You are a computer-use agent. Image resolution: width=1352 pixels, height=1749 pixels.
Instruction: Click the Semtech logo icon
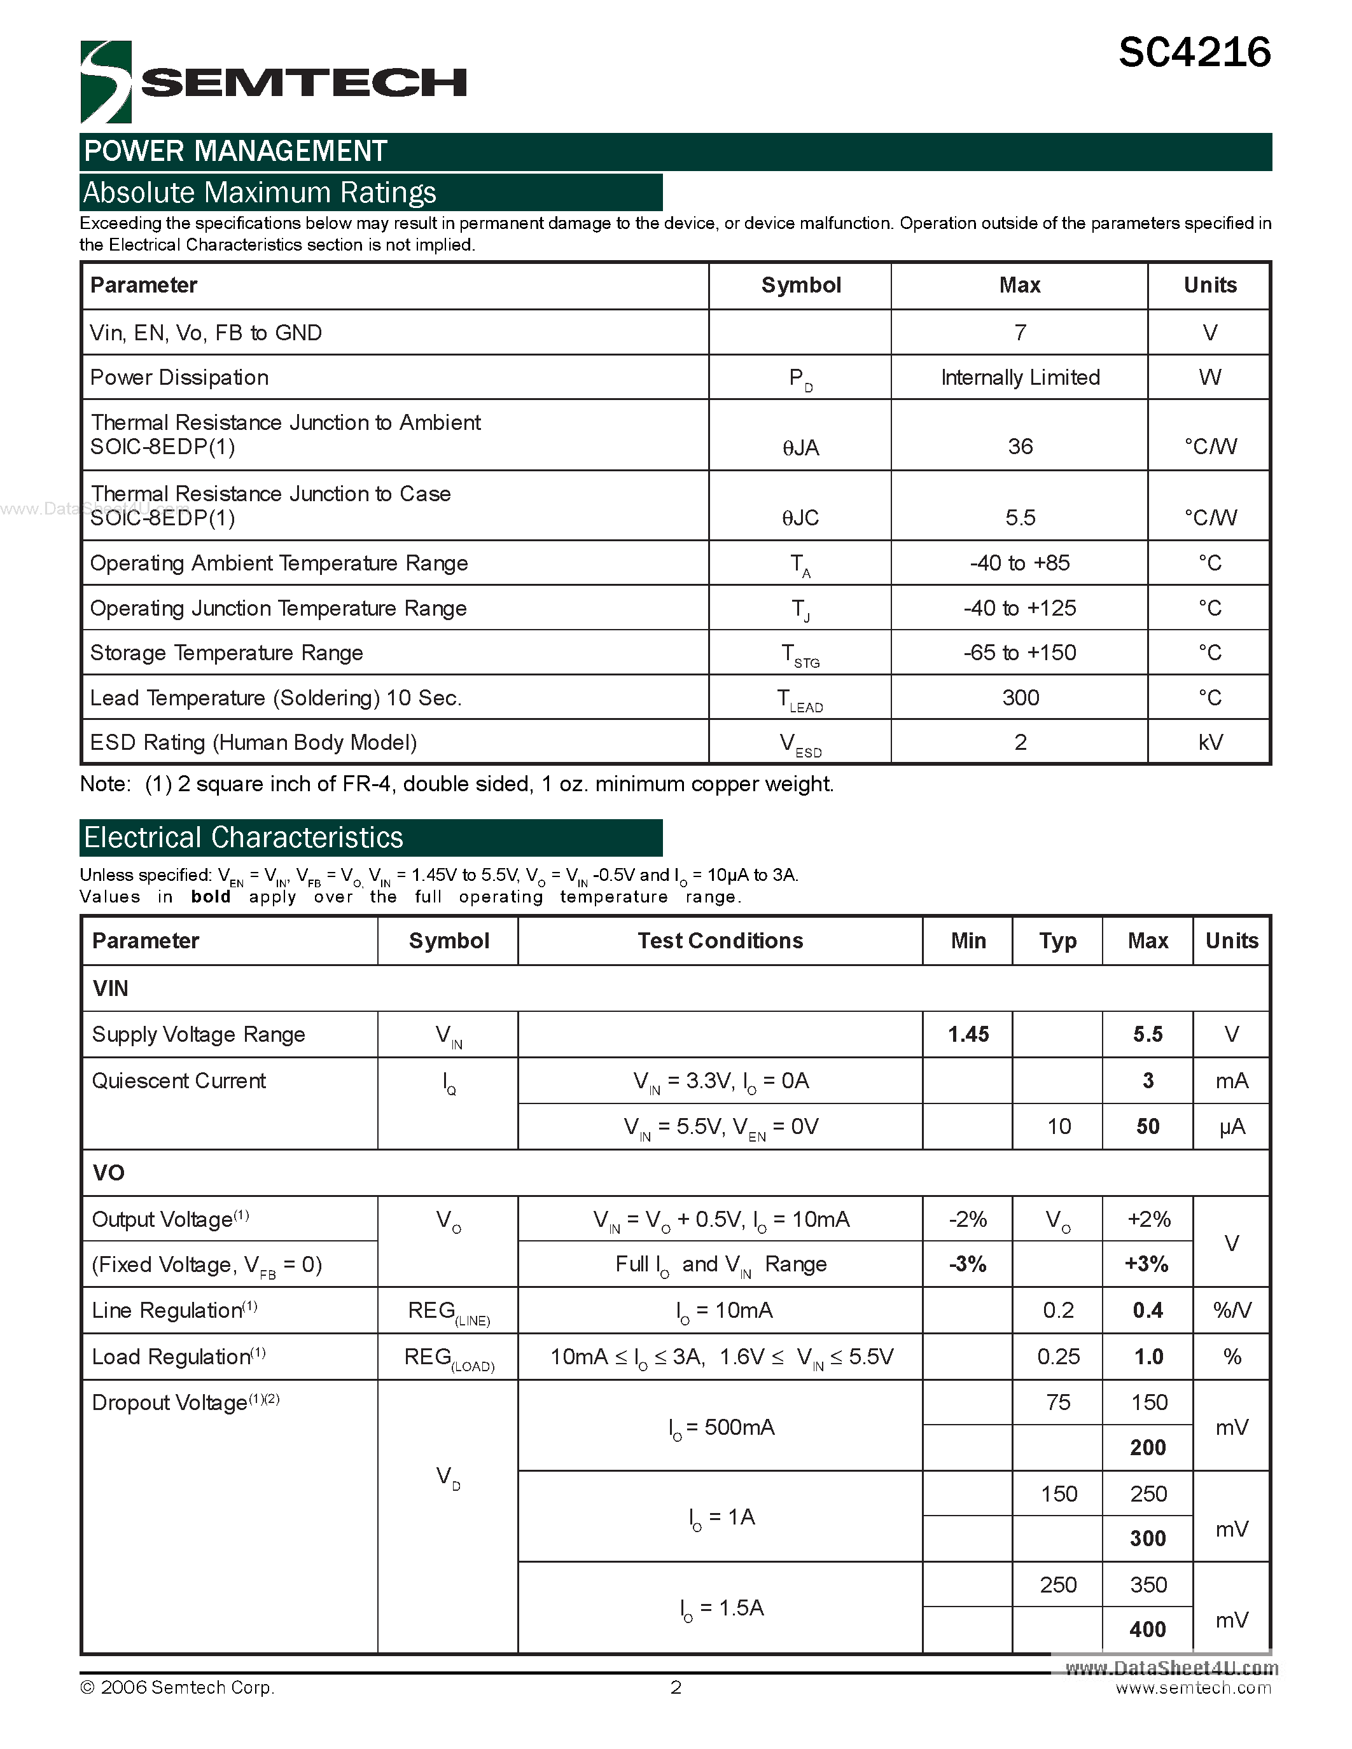(x=105, y=81)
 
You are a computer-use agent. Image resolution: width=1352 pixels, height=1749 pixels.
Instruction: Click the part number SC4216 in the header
(x=1194, y=53)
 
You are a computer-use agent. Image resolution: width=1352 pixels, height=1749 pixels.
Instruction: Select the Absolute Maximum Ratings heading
(x=260, y=193)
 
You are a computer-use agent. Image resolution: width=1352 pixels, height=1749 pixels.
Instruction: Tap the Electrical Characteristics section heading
(x=244, y=838)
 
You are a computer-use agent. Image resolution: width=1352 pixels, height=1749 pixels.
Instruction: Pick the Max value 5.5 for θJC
(x=1020, y=517)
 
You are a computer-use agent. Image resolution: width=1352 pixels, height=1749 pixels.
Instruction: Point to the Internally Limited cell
(x=1020, y=377)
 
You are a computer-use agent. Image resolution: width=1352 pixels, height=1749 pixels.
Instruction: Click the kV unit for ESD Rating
(x=1209, y=742)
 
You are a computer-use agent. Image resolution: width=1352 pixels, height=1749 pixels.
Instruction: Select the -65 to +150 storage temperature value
(x=1020, y=653)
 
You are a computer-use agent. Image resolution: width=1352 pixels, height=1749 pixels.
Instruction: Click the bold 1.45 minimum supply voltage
(x=968, y=1035)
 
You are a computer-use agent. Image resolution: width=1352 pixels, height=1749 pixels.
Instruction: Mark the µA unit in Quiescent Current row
(x=1231, y=1127)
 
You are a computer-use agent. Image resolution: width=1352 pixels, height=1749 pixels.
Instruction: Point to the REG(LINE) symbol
(x=448, y=1311)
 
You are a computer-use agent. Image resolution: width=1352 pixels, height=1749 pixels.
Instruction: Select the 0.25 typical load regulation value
(x=1057, y=1357)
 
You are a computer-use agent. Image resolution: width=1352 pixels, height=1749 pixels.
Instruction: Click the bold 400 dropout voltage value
(x=1147, y=1629)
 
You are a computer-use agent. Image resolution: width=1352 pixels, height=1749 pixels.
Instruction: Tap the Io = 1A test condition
(x=721, y=1517)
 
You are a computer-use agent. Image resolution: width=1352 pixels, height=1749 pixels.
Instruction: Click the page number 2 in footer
(x=675, y=1687)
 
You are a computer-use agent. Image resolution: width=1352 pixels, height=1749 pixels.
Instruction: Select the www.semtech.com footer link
(x=1192, y=1688)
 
